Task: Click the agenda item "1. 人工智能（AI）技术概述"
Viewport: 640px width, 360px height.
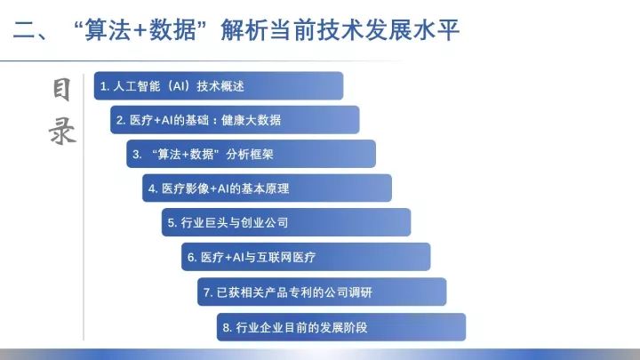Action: pyautogui.click(x=219, y=85)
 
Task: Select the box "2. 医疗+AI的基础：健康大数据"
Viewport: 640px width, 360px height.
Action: pyautogui.click(x=235, y=120)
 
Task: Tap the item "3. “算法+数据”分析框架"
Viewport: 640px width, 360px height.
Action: pyautogui.click(x=251, y=154)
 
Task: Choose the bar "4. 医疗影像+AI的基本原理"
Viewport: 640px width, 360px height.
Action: pyautogui.click(x=267, y=188)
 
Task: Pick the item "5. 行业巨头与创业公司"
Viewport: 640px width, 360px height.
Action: pyautogui.click(x=286, y=222)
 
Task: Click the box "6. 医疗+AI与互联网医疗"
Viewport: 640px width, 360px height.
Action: pyautogui.click(x=306, y=257)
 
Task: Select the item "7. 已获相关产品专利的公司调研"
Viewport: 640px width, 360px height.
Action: pyautogui.click(x=322, y=292)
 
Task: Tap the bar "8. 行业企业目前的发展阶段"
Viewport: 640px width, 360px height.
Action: pyautogui.click(x=341, y=327)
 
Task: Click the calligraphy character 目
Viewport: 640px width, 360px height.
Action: pyautogui.click(x=61, y=90)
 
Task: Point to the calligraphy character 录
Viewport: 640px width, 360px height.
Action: pyautogui.click(x=62, y=131)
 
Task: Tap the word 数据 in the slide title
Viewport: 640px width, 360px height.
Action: pyautogui.click(x=172, y=30)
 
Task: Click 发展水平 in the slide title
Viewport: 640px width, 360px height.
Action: pyautogui.click(x=412, y=30)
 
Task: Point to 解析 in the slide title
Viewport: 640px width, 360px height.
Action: pyautogui.click(x=244, y=30)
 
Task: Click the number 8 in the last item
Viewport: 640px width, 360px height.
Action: pyautogui.click(x=227, y=328)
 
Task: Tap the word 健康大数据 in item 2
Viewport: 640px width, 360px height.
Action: pyautogui.click(x=251, y=120)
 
